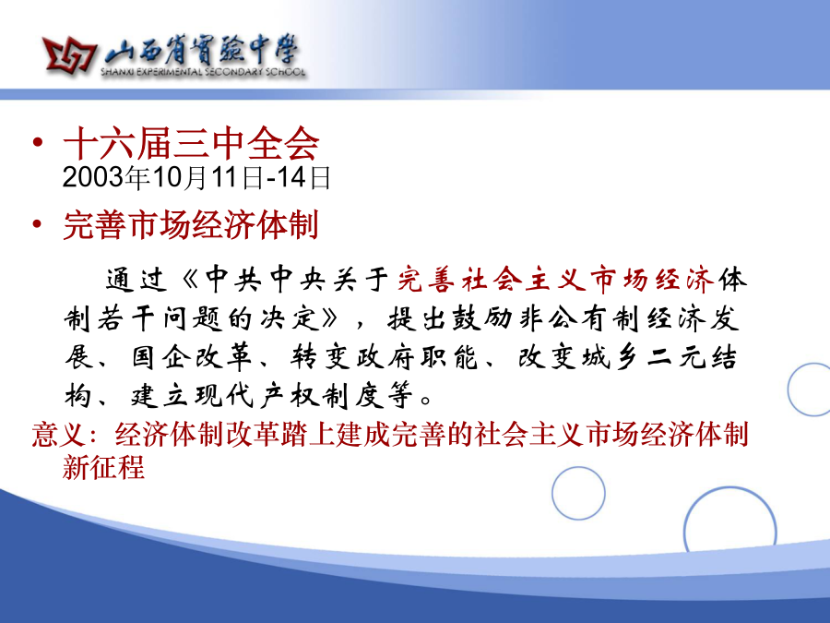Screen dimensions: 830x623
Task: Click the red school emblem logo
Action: (69, 55)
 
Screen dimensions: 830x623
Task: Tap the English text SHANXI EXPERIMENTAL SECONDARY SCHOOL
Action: (204, 72)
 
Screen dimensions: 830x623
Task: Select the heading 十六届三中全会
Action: (191, 143)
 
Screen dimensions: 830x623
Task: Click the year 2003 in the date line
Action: (93, 177)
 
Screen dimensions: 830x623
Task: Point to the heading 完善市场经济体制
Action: (191, 225)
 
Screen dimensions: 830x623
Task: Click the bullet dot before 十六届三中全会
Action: (37, 142)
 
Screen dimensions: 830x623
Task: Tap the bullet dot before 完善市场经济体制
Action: (37, 224)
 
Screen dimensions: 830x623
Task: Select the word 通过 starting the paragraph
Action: (136, 280)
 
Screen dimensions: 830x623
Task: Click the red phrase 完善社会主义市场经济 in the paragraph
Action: (556, 279)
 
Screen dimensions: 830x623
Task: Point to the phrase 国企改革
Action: (191, 357)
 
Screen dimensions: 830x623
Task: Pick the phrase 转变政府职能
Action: (385, 357)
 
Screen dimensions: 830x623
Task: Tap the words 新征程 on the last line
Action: (103, 467)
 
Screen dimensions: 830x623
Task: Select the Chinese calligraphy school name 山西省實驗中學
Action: (202, 51)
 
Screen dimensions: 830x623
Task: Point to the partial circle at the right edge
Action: (788, 389)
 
